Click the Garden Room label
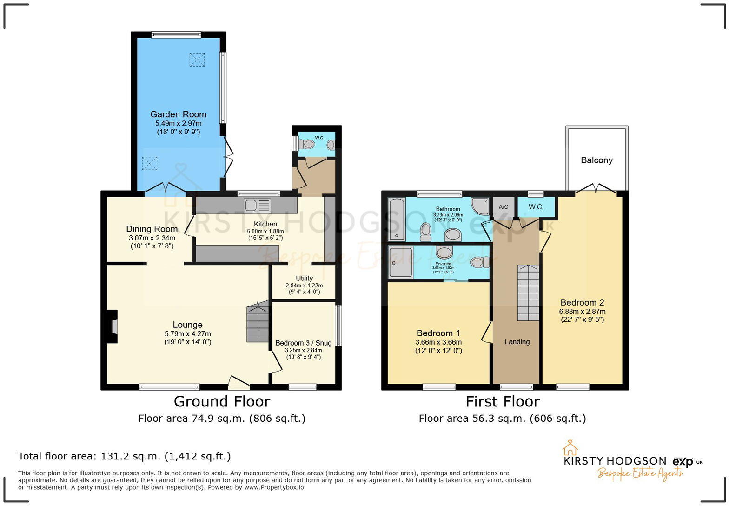pos(178,114)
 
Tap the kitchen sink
pos(257,205)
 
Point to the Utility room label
pos(304,278)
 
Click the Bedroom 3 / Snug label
pos(303,343)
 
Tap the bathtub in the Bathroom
pos(397,219)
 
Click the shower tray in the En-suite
pos(401,262)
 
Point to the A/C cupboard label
pos(504,207)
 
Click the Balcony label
pos(596,160)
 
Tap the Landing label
pos(517,342)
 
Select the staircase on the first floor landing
pos(528,293)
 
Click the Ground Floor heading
pos(222,401)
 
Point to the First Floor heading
pos(503,401)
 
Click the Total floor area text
pos(124,456)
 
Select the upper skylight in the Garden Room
pos(197,60)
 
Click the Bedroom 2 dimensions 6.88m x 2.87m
pos(582,312)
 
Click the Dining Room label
pos(152,229)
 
